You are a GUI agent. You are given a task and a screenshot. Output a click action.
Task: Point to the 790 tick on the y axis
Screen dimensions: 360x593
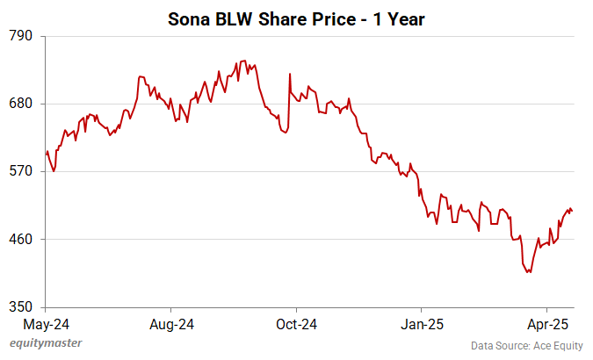pos(21,36)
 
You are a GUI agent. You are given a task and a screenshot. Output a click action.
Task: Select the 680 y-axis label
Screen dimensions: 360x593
pos(21,104)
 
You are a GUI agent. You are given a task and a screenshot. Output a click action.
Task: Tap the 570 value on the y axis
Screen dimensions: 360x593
pos(21,171)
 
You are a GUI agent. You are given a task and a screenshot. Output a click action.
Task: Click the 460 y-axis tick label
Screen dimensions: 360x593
pos(21,239)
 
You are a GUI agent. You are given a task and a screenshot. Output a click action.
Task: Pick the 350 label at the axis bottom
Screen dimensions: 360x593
pos(21,307)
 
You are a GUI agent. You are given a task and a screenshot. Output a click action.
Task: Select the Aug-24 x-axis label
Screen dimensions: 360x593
pos(171,324)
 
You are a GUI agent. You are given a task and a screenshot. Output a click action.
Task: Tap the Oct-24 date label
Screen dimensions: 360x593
pos(296,324)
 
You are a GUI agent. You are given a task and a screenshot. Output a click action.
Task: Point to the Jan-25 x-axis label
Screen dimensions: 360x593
pos(422,324)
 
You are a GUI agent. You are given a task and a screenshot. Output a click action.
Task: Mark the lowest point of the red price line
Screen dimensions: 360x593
pos(529,272)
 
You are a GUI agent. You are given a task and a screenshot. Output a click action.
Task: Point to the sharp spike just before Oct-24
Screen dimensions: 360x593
pos(289,74)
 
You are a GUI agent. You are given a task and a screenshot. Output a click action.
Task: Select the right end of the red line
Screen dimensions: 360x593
pos(573,212)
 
